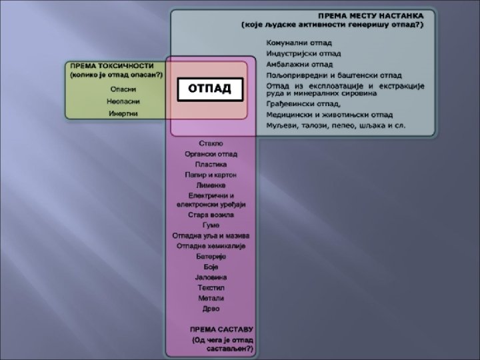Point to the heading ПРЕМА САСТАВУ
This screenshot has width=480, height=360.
pos(221,330)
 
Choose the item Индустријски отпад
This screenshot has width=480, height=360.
pos(303,54)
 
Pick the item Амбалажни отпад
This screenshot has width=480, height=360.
pos(299,65)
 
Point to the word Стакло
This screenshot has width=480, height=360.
pos(211,143)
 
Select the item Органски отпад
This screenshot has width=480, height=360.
pos(211,154)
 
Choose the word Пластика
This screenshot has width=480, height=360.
pos(211,164)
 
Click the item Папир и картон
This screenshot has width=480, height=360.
pos(211,175)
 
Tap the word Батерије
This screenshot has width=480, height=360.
pos(211,256)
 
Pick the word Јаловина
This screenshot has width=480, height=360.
pos(211,277)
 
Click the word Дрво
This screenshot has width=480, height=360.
pos(211,309)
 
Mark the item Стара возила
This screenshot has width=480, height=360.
pos(211,215)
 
